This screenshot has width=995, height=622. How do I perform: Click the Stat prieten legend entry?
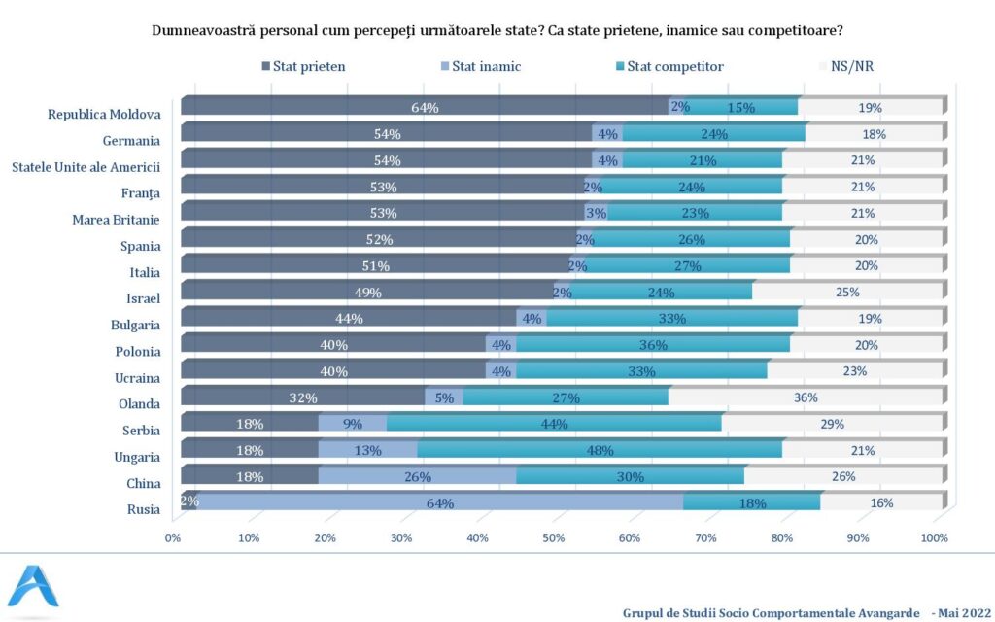[303, 66]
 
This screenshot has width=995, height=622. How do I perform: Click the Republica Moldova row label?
[104, 114]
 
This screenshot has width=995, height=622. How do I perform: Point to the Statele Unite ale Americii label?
[86, 166]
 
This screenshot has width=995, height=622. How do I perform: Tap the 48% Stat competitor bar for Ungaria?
[600, 450]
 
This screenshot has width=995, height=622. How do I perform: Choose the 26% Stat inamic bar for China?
[417, 476]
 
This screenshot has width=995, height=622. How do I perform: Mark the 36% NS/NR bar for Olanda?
[806, 397]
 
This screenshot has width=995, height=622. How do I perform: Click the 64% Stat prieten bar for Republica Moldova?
[425, 107]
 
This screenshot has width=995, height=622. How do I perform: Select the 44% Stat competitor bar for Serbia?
[554, 424]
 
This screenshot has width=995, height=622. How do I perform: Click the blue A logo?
[33, 587]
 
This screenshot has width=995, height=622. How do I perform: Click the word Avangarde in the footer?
[877, 612]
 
